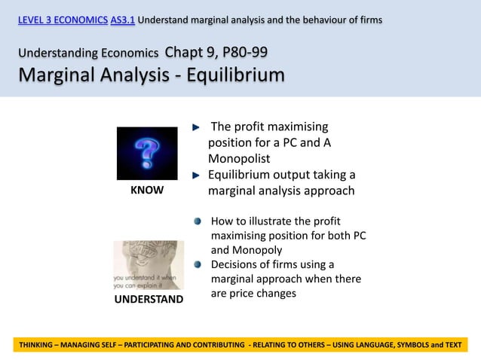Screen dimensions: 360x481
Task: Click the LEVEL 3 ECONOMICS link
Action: point(63,19)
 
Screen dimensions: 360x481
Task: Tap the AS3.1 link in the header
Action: point(122,19)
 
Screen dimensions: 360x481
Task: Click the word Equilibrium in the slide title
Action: point(227,75)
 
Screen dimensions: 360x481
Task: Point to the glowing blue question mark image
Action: point(147,153)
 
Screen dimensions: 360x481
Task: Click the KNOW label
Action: point(147,191)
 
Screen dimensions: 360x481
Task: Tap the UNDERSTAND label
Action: point(149,299)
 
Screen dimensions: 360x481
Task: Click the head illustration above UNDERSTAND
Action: point(149,265)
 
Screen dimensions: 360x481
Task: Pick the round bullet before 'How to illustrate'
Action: point(198,221)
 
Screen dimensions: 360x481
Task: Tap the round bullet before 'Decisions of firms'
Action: point(198,264)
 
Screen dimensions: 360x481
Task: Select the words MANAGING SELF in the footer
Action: point(102,344)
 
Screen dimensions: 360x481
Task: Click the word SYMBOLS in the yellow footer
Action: point(407,344)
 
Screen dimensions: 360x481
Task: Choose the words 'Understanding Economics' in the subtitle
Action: point(89,53)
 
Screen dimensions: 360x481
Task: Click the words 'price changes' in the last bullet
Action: point(262,293)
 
